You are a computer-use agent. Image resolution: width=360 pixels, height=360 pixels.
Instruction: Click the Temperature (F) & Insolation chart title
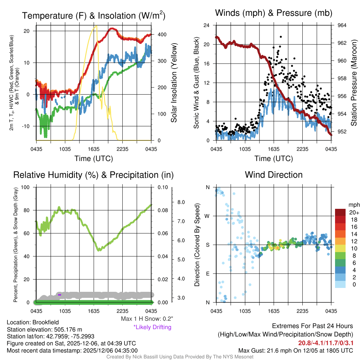click(x=94, y=15)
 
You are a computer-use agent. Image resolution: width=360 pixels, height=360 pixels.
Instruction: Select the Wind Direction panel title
click(x=274, y=175)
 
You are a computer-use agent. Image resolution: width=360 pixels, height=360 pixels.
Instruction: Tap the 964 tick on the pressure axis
click(x=342, y=26)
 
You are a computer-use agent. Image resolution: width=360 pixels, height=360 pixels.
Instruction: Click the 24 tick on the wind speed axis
click(x=207, y=26)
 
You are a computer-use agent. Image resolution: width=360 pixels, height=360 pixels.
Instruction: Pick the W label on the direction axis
click(x=208, y=216)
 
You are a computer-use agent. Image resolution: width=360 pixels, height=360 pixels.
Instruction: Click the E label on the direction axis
click(x=208, y=274)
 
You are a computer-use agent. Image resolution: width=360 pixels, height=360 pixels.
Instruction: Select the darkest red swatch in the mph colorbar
click(x=340, y=213)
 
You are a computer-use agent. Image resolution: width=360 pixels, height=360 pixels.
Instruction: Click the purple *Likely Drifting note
click(x=152, y=327)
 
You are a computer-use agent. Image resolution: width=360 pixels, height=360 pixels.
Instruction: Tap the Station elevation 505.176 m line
click(x=44, y=329)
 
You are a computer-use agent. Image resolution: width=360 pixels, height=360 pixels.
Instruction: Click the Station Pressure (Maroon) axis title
click(x=354, y=83)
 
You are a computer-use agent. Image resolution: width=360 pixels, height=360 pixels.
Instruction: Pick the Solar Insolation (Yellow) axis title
click(x=174, y=83)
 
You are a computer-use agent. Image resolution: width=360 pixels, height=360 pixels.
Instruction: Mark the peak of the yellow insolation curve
click(x=96, y=26)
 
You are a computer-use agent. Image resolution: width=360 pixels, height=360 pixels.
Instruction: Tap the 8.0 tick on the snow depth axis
click(x=181, y=202)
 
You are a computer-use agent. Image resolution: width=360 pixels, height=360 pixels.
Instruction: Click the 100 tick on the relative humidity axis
click(x=30, y=187)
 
